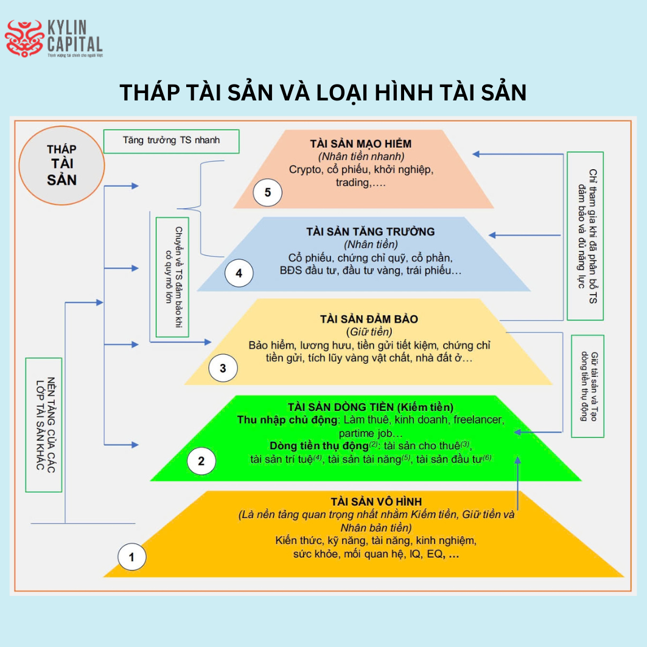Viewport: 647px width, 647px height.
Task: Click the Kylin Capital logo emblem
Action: (x=24, y=38)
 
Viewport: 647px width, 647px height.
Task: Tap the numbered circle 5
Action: (x=268, y=194)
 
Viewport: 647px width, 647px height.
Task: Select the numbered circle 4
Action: (x=239, y=273)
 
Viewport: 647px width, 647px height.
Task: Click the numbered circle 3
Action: (x=223, y=368)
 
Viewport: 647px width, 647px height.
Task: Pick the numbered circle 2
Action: (x=201, y=460)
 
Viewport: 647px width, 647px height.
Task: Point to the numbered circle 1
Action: (x=131, y=556)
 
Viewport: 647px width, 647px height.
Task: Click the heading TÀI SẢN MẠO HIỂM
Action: (x=360, y=144)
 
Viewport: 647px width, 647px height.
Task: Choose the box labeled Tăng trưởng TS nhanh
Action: (x=171, y=141)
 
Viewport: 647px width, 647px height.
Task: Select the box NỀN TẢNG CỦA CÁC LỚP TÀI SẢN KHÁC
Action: (x=44, y=425)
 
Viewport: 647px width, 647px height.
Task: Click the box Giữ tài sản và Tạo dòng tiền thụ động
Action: (x=587, y=386)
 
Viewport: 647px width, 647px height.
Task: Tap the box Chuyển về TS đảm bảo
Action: (x=172, y=277)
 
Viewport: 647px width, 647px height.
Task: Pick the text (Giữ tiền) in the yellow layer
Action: (x=369, y=332)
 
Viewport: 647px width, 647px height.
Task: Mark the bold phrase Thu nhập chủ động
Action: (x=289, y=420)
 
